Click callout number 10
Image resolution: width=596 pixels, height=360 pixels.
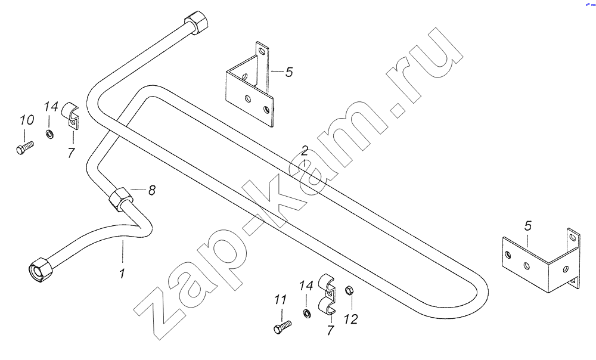tap(27, 120)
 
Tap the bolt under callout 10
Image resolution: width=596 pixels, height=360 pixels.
tap(25, 147)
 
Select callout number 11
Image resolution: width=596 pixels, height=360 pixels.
tap(280, 300)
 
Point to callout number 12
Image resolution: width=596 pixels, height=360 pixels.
tap(351, 319)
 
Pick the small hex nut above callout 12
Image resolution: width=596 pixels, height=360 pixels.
tap(349, 291)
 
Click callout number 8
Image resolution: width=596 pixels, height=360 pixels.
tap(151, 190)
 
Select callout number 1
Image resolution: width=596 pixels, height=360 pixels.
tap(122, 274)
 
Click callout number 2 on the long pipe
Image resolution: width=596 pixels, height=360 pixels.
tap(305, 151)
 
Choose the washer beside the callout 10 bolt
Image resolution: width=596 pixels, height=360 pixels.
tap(49, 134)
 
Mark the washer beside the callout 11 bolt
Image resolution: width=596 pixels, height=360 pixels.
tap(307, 314)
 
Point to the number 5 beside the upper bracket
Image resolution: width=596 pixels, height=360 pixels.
tap(289, 72)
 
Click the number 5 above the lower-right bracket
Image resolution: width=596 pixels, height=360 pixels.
tap(528, 226)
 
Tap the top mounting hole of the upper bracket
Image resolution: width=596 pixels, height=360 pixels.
tap(261, 50)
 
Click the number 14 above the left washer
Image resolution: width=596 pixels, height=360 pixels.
tap(51, 107)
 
